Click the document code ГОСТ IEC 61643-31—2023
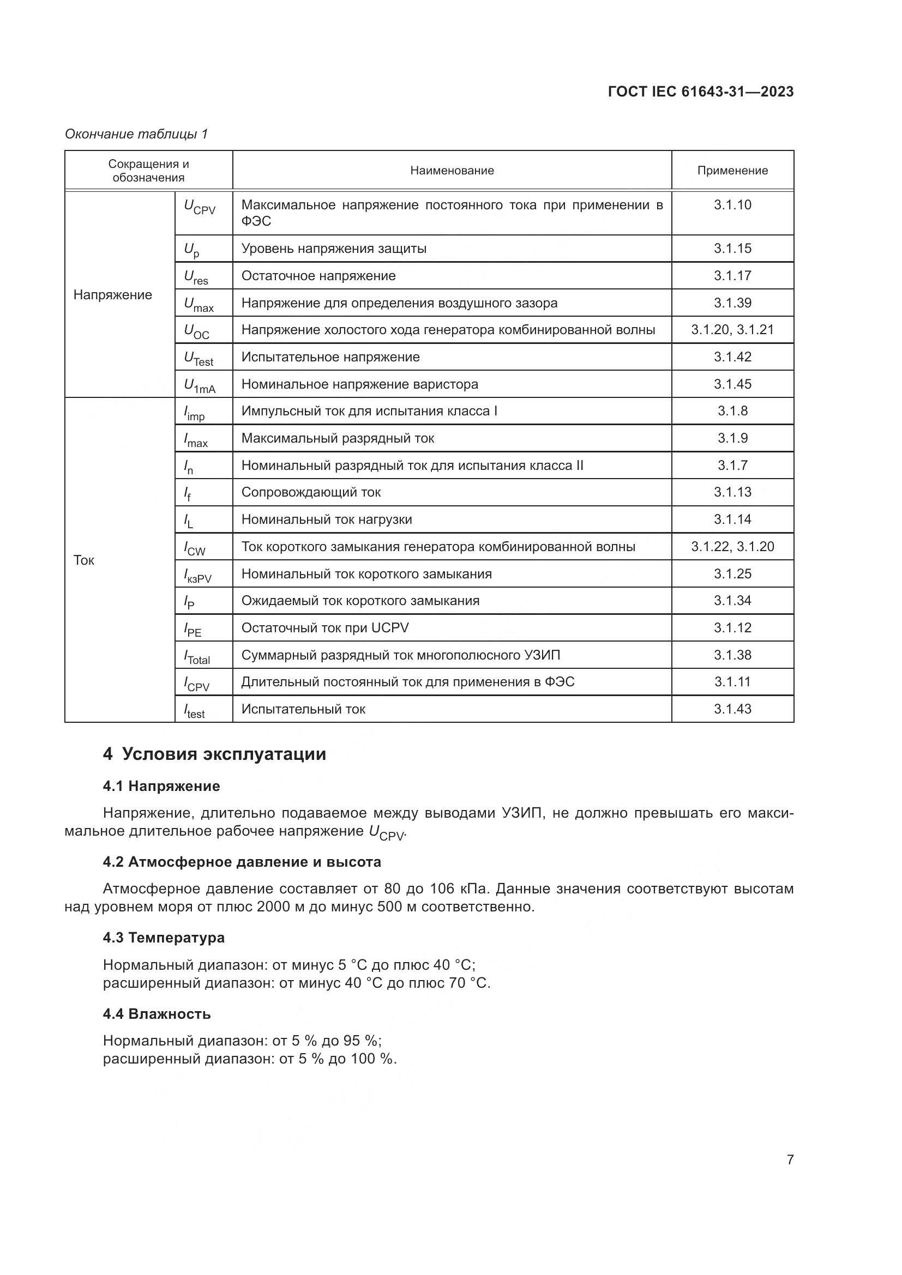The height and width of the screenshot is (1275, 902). coord(700,92)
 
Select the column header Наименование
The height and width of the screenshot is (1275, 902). coord(452,171)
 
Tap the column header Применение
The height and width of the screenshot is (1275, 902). coord(732,171)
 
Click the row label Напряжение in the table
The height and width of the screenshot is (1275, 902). coord(113,295)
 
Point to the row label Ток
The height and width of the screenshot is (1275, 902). coord(84,560)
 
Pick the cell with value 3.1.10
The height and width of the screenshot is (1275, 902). coord(732,205)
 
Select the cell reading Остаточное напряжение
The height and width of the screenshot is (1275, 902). coord(318,276)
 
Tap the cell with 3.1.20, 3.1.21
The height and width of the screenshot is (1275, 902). coord(732,330)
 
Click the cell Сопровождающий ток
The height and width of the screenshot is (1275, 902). coord(311,492)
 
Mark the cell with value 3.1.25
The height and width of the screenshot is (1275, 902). coord(732,573)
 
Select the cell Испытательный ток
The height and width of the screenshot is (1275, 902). coord(303,709)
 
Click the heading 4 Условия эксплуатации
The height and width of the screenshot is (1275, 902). coord(214,754)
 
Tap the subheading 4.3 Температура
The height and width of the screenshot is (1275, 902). coord(164,938)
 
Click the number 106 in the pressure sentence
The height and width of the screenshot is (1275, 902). coord(442,889)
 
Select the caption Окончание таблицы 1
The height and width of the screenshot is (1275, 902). coord(136,134)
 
